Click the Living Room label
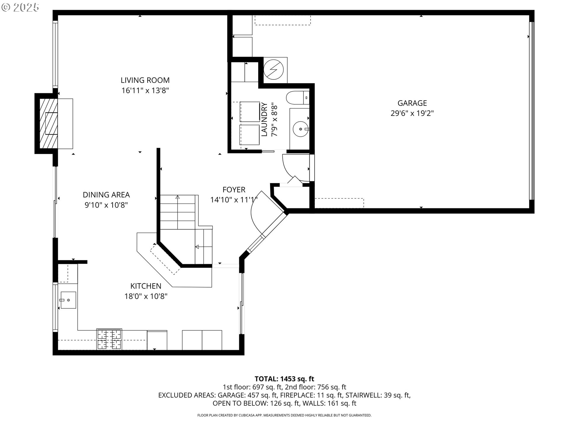tap(145, 80)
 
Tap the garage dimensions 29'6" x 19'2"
tap(412, 113)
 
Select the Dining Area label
tap(106, 195)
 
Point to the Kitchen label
tap(146, 286)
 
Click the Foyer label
tap(234, 190)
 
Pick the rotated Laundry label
tap(264, 120)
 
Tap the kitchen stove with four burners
tap(109, 340)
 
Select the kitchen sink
tap(68, 300)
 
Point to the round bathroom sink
tap(300, 129)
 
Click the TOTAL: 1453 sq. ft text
tap(284, 379)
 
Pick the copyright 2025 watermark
tap(20, 7)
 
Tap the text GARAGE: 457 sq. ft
tap(247, 395)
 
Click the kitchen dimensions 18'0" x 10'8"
tap(146, 296)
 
